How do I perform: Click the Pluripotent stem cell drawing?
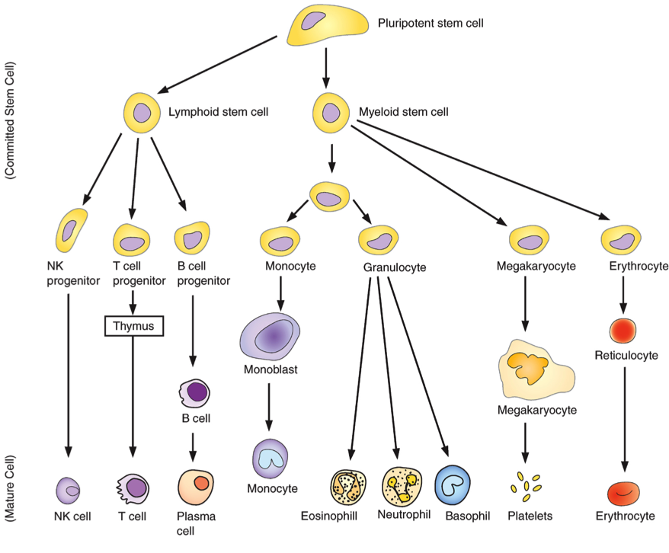[327, 25]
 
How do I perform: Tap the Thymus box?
[134, 326]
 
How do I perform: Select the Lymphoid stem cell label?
[218, 112]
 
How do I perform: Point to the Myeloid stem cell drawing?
[331, 113]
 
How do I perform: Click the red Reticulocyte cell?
[623, 331]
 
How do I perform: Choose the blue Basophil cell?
[453, 485]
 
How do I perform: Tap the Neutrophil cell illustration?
[402, 487]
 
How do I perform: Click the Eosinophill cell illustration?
[348, 487]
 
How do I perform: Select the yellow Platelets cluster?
[527, 486]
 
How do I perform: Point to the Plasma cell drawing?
[196, 487]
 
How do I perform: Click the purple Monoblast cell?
[270, 337]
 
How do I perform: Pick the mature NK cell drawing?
[69, 491]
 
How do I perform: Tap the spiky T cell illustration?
[133, 488]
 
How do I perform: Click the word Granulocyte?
[395, 267]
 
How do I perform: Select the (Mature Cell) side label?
[9, 488]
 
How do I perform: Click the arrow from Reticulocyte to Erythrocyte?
[625, 419]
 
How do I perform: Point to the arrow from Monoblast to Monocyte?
[269, 407]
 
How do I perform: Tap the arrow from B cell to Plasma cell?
[193, 447]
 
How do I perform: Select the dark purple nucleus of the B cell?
[197, 392]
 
